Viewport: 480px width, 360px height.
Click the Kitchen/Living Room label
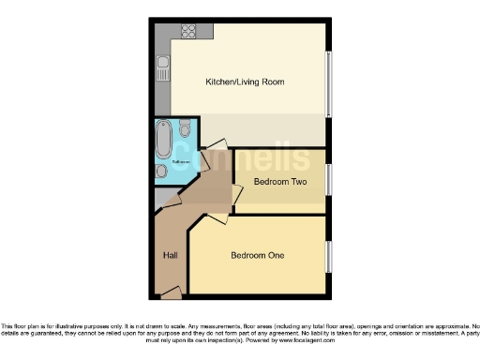pos(245,82)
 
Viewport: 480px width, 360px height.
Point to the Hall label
pos(170,254)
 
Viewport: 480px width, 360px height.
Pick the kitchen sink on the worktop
pos(162,67)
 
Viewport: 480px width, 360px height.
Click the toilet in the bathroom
pos(186,127)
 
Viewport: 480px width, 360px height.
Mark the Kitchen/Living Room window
pos(327,83)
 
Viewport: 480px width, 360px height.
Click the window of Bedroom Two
pos(327,179)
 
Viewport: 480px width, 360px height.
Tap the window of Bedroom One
pos(327,255)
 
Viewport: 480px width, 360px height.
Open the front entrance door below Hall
pos(172,293)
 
